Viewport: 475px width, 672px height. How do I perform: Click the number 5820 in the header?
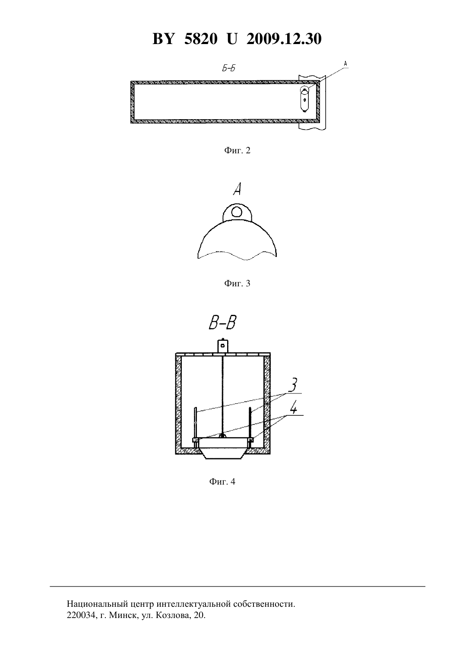click(201, 39)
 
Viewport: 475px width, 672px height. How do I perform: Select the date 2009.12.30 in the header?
click(284, 39)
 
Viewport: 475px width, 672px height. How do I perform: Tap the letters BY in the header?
click(163, 39)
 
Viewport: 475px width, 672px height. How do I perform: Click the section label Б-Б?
click(228, 68)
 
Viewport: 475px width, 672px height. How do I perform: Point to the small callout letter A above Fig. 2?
click(345, 63)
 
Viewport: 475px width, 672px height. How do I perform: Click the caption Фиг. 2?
click(237, 150)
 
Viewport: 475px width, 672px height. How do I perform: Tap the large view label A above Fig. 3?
click(237, 189)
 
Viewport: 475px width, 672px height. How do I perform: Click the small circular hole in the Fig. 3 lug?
click(237, 212)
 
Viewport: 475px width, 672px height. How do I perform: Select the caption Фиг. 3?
click(237, 283)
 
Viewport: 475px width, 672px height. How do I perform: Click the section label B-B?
click(222, 323)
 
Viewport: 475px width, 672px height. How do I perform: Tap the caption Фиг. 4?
click(222, 482)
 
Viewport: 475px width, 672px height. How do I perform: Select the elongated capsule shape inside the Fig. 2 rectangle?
click(305, 100)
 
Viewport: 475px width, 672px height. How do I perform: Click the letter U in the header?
click(232, 39)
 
